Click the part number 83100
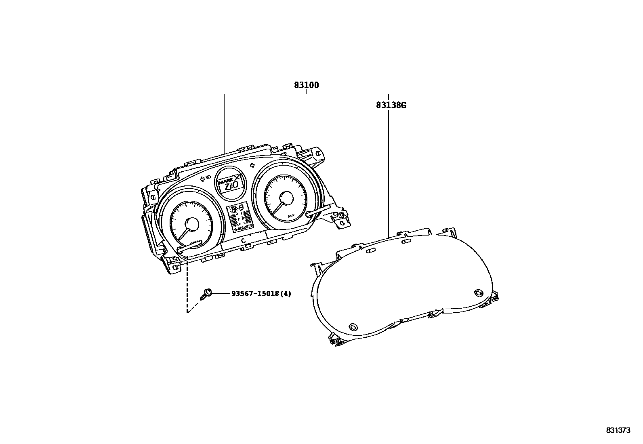(x=306, y=85)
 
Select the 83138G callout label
(x=391, y=105)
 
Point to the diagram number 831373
(x=618, y=431)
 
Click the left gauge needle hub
(x=191, y=224)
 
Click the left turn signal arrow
(x=202, y=178)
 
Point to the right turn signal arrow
(x=252, y=165)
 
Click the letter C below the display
(x=243, y=240)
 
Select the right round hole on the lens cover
(x=478, y=292)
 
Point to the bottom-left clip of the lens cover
(x=335, y=340)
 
